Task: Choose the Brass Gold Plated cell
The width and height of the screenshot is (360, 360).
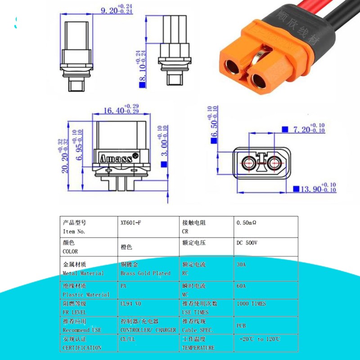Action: pos(145,273)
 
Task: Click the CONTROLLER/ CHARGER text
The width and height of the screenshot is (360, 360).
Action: pos(148,330)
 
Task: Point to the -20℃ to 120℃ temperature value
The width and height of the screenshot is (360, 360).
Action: pos(260,339)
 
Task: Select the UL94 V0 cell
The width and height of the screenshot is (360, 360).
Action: pos(130,304)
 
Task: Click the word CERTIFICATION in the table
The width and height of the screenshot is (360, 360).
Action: pos(81,347)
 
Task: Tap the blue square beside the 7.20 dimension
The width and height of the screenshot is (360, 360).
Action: pos(284,129)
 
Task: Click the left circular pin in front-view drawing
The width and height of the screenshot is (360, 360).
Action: pos(247,164)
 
